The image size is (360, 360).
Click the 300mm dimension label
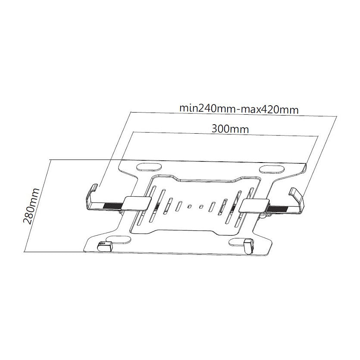(230, 129)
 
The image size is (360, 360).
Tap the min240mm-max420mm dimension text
(239, 109)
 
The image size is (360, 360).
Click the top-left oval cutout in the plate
(149, 167)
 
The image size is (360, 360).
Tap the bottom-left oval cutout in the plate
(119, 240)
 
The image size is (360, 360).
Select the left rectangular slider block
(137, 203)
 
